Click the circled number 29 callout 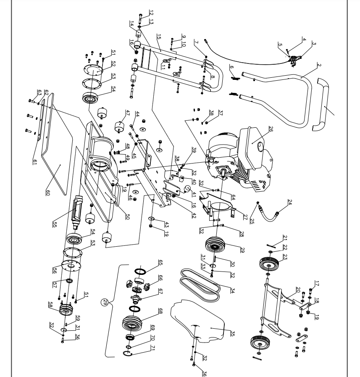click(105, 302)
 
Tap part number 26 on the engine click(271, 129)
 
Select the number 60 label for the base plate click(48, 192)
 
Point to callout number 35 click(232, 333)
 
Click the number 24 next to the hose click(290, 202)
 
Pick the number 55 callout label click(55, 224)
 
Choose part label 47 click(128, 113)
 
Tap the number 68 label click(160, 311)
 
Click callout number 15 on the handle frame click(159, 37)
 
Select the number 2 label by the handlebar click(319, 65)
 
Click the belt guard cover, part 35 click(197, 321)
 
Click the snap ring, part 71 click(127, 353)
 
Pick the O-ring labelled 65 click(140, 272)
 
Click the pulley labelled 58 click(66, 310)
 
